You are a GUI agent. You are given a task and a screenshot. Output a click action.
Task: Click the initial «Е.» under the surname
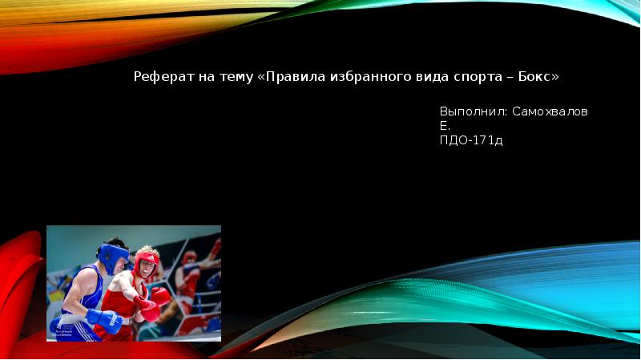point(445,126)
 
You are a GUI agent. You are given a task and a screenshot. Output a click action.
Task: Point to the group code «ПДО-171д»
point(471,140)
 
